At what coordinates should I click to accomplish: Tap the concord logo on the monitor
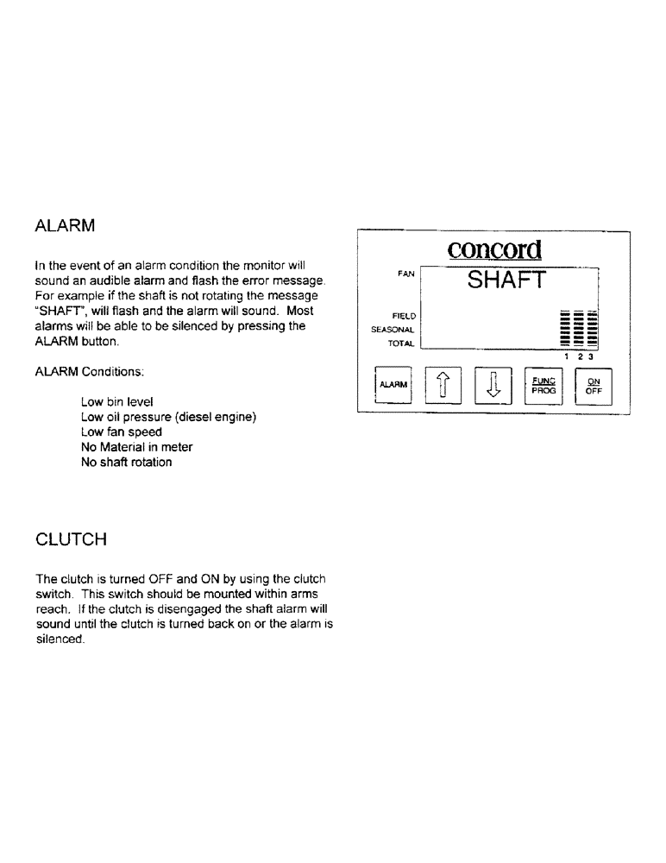(x=494, y=249)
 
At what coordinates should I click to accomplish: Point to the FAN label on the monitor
(x=405, y=273)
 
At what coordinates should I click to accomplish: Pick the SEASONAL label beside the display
(x=394, y=329)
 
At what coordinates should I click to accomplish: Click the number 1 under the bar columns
(x=567, y=356)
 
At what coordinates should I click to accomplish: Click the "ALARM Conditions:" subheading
(x=90, y=372)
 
